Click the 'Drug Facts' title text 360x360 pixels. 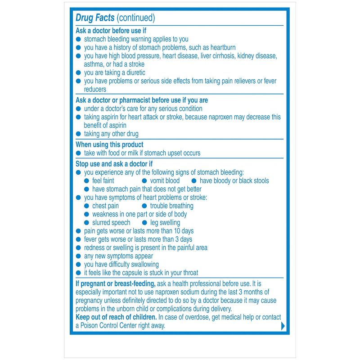[x=95, y=18]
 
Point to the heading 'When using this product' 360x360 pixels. [x=109, y=144]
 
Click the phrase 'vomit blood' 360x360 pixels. [x=165, y=180]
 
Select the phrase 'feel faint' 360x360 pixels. [x=103, y=180]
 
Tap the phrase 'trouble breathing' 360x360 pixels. [x=171, y=206]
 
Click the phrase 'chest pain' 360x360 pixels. [x=105, y=206]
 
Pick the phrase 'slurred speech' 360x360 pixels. [x=111, y=222]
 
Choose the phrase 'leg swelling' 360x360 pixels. [x=165, y=222]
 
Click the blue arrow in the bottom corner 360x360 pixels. [x=283, y=326]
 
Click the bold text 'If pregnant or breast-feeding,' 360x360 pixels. [x=116, y=283]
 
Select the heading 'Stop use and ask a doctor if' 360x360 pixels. [x=114, y=164]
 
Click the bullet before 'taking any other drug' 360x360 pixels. [x=78, y=134]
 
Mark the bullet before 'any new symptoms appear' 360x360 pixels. [x=78, y=256]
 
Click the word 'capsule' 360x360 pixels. [x=137, y=273]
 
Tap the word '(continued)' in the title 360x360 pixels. [x=135, y=18]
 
